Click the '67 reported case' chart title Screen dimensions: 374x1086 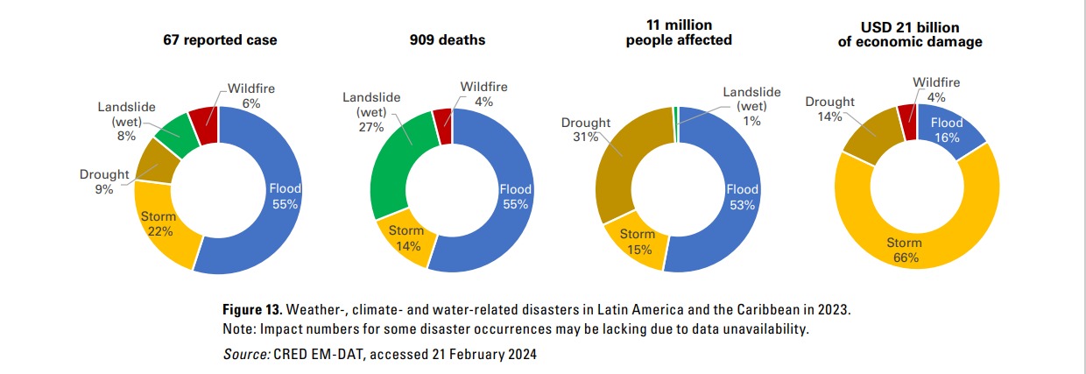[220, 41]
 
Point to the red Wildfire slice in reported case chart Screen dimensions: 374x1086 [203, 126]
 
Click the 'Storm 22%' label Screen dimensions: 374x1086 [159, 224]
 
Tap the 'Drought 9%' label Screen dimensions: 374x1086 [104, 181]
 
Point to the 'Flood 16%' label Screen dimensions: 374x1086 [946, 129]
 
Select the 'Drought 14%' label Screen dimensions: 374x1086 [829, 109]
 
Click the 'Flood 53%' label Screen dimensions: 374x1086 [743, 197]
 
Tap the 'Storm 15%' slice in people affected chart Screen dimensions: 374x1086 [638, 242]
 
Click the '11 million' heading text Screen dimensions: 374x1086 [679, 25]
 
